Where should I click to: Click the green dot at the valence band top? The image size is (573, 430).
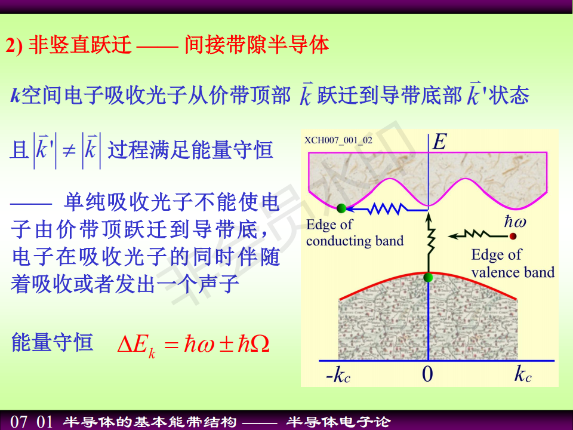click(x=428, y=278)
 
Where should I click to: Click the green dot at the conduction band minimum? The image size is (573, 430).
click(x=341, y=208)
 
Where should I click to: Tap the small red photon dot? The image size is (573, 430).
click(x=513, y=236)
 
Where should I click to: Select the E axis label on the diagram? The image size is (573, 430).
click(x=439, y=142)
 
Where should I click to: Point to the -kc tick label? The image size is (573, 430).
click(x=338, y=374)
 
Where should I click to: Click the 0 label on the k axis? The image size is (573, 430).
click(x=427, y=374)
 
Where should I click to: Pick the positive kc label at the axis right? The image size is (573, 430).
click(x=523, y=374)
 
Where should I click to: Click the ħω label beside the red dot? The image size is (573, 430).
click(x=515, y=221)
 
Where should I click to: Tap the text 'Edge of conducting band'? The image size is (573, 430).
click(x=355, y=232)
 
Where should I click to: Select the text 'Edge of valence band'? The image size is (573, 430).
click(x=513, y=263)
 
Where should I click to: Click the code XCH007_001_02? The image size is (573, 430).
click(x=338, y=140)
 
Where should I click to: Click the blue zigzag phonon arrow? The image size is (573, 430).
click(x=387, y=209)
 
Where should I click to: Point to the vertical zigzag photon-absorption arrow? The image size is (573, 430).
click(x=430, y=243)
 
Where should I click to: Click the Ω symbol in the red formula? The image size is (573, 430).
click(x=260, y=344)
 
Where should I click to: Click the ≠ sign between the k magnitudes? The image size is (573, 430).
click(x=69, y=150)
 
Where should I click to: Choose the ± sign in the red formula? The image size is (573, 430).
click(x=227, y=345)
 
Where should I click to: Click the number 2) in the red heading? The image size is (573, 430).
click(x=14, y=46)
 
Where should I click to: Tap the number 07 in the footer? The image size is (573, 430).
click(x=19, y=422)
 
